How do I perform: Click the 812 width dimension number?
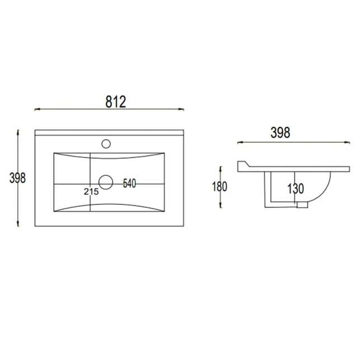pos(116,102)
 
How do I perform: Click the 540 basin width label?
pos(129,183)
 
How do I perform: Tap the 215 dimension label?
pos(91,191)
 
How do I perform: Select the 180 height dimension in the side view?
pos(219,186)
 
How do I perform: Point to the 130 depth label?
pos(296,189)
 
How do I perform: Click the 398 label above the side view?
pos(280,133)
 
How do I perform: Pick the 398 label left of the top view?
pos(18,178)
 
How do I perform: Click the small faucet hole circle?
pos(106,144)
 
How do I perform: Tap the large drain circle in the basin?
pos(106,183)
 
